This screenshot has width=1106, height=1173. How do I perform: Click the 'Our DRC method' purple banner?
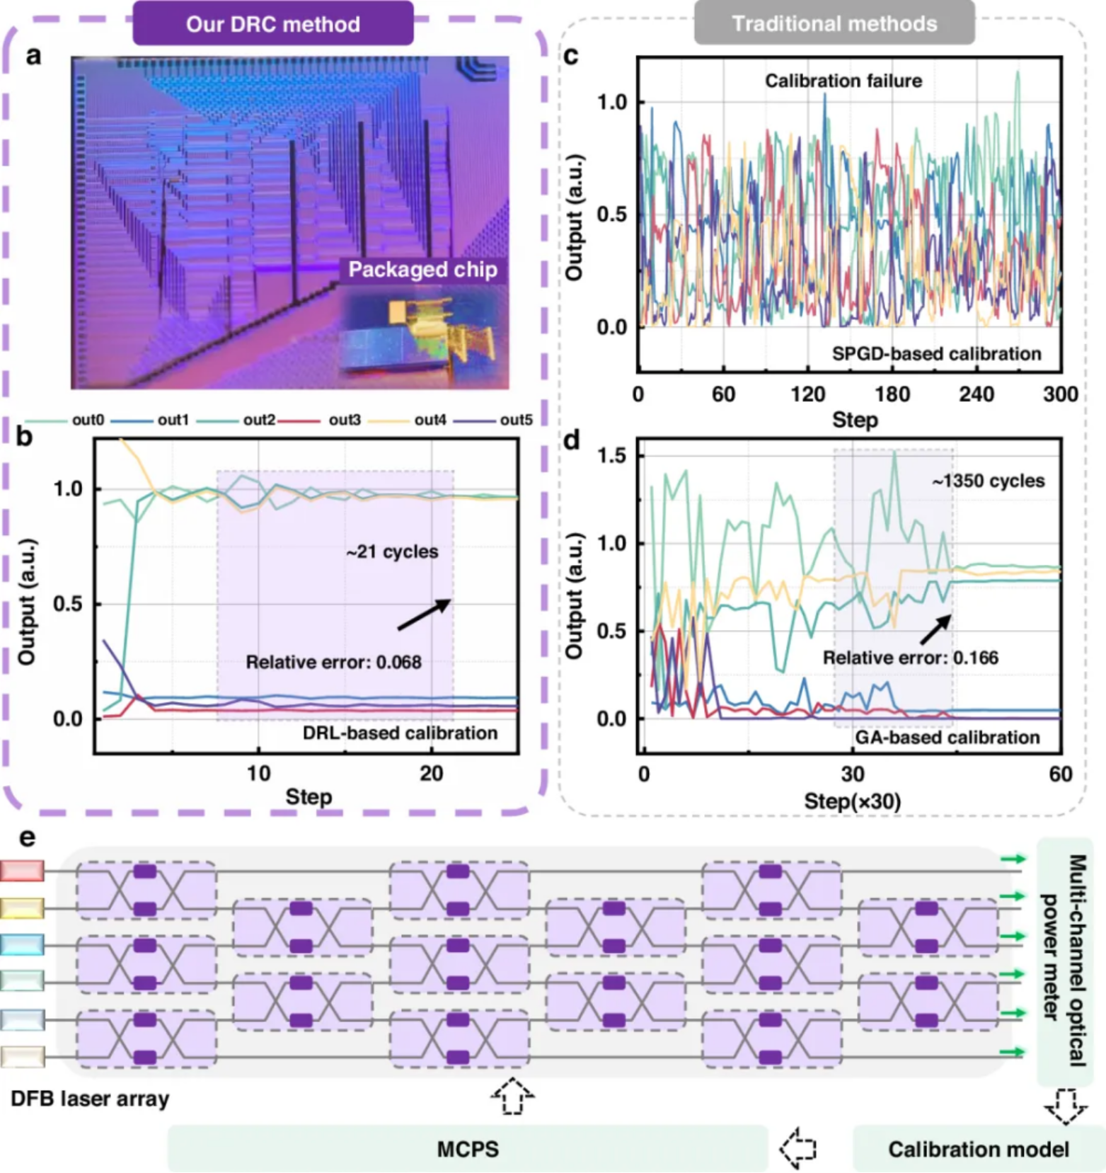273,24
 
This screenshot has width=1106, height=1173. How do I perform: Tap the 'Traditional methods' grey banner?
834,24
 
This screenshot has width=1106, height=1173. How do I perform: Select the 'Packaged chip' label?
422,270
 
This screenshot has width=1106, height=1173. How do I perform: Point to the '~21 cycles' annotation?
392,552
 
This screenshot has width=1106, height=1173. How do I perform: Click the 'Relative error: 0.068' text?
333,663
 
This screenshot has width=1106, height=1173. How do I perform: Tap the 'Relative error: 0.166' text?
910,658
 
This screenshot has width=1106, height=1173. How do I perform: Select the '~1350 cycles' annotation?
988,481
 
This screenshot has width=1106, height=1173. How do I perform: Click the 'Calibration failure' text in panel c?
843,81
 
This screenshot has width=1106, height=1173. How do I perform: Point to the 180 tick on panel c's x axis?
892,394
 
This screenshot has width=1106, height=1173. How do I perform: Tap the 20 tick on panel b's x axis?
432,773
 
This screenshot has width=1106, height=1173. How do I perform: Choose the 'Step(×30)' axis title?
852,801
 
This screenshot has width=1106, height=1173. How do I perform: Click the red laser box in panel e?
22,871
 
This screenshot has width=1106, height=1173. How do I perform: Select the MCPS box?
468,1148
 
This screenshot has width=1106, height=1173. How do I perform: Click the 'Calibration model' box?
978,1149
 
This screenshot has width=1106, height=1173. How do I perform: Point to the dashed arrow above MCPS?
512,1096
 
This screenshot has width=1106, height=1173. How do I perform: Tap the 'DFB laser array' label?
90,1099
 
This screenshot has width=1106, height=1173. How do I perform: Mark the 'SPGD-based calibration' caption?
936,354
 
